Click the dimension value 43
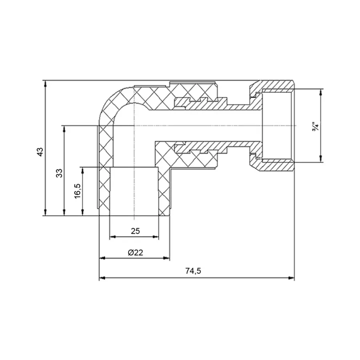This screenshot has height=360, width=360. tap(39, 152)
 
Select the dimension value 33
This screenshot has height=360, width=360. tap(59, 173)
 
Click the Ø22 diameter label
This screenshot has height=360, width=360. tap(135, 252)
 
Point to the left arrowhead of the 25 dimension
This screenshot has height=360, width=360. tap(112, 237)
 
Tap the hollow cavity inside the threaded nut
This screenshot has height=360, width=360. tap(277, 126)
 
